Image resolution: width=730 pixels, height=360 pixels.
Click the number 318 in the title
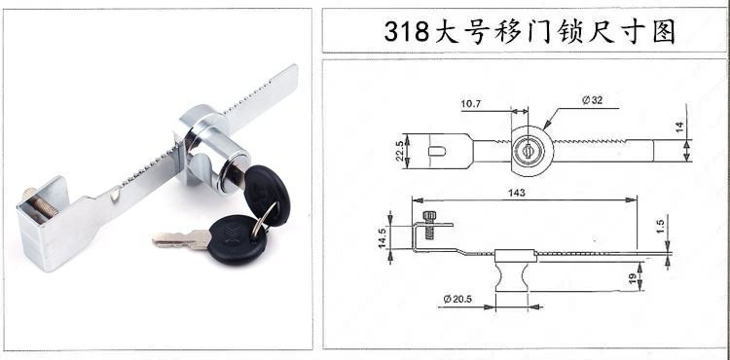pos(406,32)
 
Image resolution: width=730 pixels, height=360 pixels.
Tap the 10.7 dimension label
pos(471,104)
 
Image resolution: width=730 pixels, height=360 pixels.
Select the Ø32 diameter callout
pos(592,99)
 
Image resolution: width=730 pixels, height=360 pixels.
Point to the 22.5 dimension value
pos(399,151)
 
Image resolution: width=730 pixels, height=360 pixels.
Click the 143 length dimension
pos(517,193)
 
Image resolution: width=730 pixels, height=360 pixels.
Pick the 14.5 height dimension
pos(383,238)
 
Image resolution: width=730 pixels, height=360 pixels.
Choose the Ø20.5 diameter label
pos(457,299)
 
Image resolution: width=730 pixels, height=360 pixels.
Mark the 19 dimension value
pos(633,279)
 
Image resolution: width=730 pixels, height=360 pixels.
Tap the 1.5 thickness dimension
pos(661,227)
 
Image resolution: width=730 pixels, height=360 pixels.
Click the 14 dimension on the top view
pos(679,127)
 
